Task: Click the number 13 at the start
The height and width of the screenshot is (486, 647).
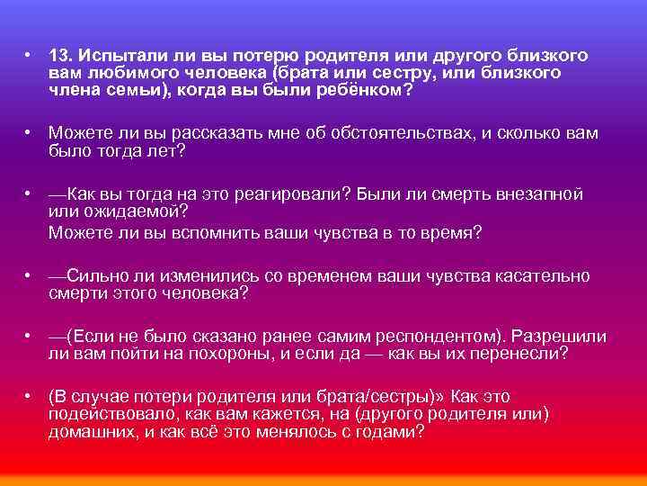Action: point(59,56)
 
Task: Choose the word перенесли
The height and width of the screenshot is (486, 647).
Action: point(520,354)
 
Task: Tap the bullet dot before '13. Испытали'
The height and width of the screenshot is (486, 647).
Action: point(30,56)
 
